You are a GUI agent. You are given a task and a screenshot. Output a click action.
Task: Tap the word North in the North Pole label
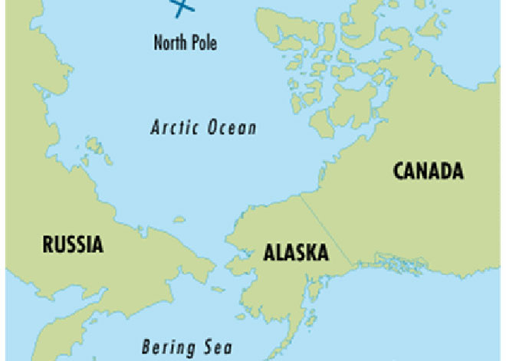point(169,41)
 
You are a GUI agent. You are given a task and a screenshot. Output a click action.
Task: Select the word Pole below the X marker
point(203,41)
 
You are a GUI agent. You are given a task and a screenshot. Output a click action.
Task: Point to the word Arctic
point(174,127)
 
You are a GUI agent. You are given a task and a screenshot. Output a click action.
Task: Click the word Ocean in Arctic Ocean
point(232,127)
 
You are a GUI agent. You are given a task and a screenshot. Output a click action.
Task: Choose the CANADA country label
point(428,171)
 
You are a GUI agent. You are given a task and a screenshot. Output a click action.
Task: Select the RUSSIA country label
point(72,245)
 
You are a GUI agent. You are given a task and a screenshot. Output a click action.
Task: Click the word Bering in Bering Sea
point(167,346)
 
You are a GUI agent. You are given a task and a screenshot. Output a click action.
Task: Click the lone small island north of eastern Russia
point(179,219)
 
